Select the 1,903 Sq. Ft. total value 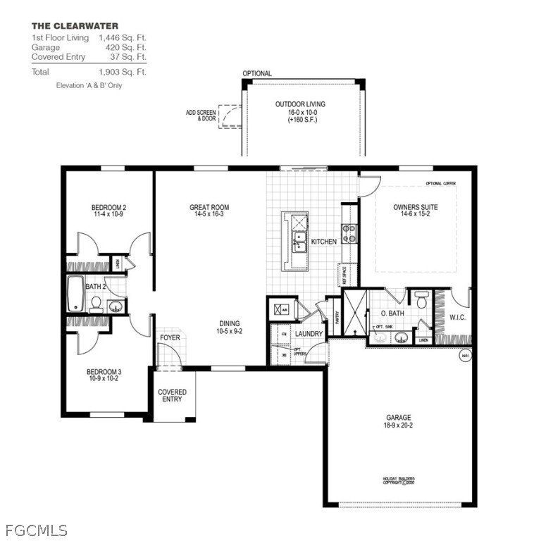pyautogui.click(x=123, y=72)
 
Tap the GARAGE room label pyautogui.click(x=398, y=417)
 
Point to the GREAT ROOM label pyautogui.click(x=209, y=207)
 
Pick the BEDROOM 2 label pyautogui.click(x=108, y=207)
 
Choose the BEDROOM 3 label pyautogui.click(x=104, y=371)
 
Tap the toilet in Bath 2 pyautogui.click(x=94, y=303)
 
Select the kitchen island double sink pyautogui.click(x=299, y=242)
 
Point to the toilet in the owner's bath pyautogui.click(x=421, y=300)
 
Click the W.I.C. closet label pyautogui.click(x=458, y=318)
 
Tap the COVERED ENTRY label pyautogui.click(x=172, y=395)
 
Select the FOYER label pyautogui.click(x=170, y=337)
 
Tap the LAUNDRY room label pyautogui.click(x=309, y=333)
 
